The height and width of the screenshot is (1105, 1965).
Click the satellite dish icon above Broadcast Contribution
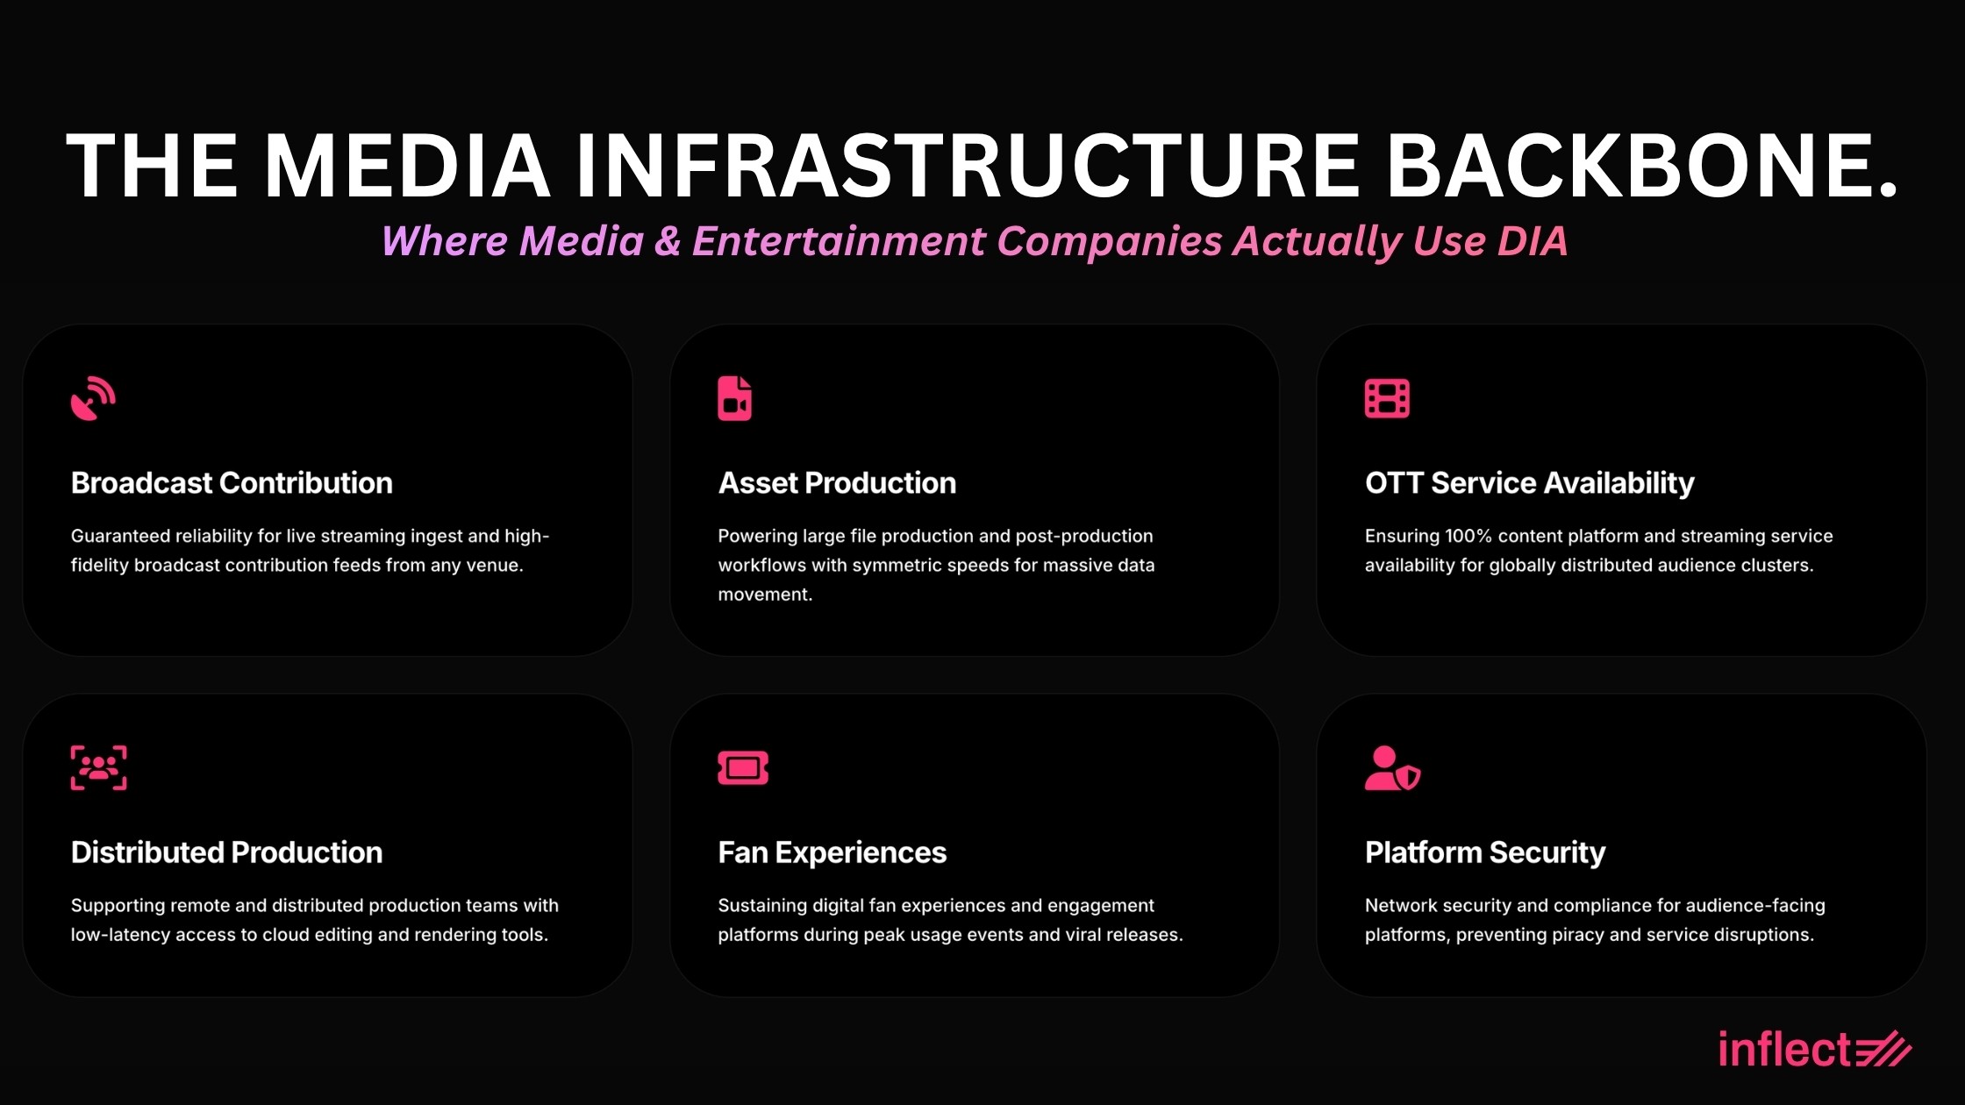(x=93, y=399)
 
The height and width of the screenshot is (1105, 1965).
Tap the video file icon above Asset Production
(x=734, y=399)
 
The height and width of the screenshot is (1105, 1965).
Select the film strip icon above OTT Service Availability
(x=1387, y=399)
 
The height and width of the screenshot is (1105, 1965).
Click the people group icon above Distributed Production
(x=98, y=768)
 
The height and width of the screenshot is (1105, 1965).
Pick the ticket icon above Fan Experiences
(x=743, y=768)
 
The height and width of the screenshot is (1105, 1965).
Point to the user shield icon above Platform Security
(x=1392, y=768)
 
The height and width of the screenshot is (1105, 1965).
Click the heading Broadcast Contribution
(x=232, y=483)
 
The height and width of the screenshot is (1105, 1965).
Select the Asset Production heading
(x=837, y=483)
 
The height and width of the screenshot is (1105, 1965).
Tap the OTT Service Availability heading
(x=1529, y=483)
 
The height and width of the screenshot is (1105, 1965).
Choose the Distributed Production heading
(x=226, y=852)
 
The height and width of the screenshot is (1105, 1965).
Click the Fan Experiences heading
(x=832, y=852)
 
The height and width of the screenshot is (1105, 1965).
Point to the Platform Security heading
(x=1484, y=852)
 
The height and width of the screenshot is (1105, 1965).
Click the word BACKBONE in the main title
(x=1641, y=166)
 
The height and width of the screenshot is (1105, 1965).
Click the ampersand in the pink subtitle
(x=668, y=241)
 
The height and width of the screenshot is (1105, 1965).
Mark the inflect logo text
(x=1784, y=1050)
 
